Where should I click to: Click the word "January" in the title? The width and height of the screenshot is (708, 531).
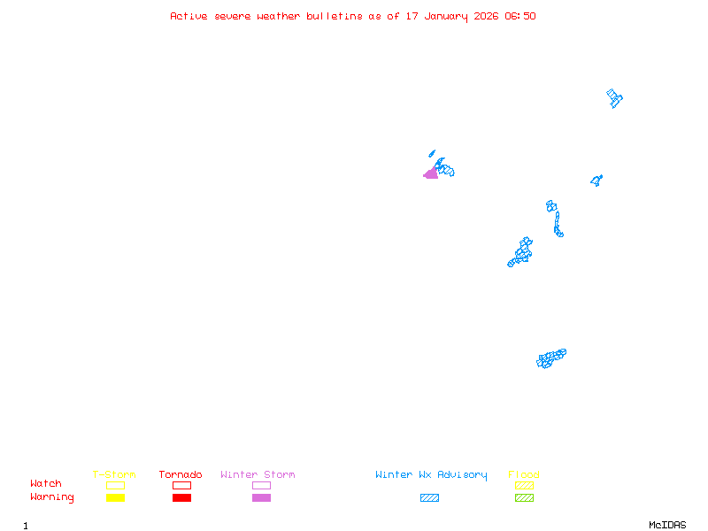(x=446, y=17)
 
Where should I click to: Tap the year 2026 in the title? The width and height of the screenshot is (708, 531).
(x=486, y=16)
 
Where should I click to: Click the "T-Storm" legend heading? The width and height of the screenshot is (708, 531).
(x=114, y=474)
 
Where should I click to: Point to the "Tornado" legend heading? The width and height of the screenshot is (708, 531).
(x=181, y=474)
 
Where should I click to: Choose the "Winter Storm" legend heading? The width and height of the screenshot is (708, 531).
(x=258, y=474)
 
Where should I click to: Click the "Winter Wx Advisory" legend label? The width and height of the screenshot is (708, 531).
(x=431, y=475)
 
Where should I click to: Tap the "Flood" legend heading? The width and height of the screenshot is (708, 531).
(x=524, y=474)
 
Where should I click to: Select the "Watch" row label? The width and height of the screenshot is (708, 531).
(x=46, y=483)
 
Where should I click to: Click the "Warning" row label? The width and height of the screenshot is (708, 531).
(x=52, y=497)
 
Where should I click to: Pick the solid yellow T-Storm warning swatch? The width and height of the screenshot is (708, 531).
(x=116, y=497)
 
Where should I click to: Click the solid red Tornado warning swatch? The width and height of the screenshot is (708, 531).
(x=182, y=497)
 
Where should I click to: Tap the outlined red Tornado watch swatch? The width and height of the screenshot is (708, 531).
(x=182, y=485)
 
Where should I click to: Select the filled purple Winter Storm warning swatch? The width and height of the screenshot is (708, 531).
(x=261, y=497)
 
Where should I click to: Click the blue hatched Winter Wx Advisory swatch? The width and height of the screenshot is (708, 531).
(x=429, y=497)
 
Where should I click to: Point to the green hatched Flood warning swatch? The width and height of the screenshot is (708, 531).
(x=524, y=497)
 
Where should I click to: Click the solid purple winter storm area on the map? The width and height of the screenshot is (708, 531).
(x=432, y=173)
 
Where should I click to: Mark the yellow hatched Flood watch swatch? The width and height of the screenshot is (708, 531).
(x=524, y=485)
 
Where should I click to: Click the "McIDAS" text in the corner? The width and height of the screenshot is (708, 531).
(x=667, y=525)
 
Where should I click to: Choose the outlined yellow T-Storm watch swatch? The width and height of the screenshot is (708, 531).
(x=116, y=481)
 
